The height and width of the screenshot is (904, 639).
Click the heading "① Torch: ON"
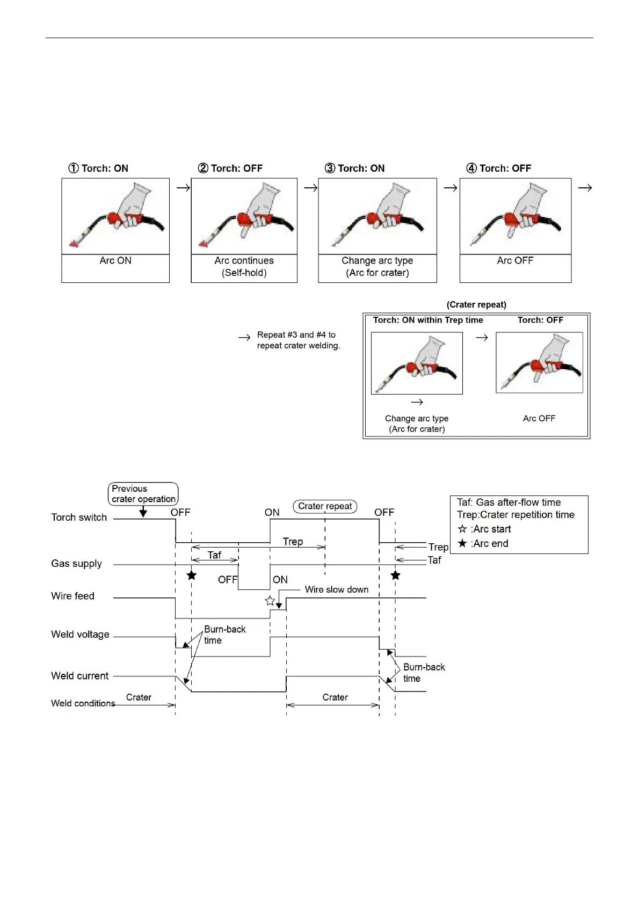click(x=98, y=169)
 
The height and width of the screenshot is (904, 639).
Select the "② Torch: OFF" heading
click(x=230, y=169)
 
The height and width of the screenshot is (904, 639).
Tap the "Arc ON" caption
click(x=115, y=261)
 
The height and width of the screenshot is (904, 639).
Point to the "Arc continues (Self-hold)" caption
click(x=244, y=267)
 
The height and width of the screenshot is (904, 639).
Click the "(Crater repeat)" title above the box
click(x=476, y=305)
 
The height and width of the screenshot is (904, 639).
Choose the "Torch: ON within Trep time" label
click(x=428, y=320)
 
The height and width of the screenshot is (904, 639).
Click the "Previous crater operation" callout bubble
click(x=143, y=494)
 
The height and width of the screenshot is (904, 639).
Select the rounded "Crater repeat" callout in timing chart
click(x=325, y=506)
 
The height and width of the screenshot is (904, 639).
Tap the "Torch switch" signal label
click(x=79, y=517)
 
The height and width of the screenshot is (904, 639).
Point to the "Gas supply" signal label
click(x=76, y=564)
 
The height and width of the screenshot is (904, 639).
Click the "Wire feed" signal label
click(x=72, y=596)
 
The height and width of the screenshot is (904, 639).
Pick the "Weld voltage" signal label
click(x=80, y=635)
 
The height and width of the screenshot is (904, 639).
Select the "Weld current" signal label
click(x=79, y=676)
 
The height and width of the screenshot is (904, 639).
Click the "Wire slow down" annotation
click(x=337, y=590)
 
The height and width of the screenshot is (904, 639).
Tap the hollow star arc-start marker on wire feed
click(x=270, y=601)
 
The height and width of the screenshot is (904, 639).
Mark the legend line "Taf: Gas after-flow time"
click(x=509, y=502)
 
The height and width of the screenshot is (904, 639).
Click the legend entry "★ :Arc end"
click(x=483, y=544)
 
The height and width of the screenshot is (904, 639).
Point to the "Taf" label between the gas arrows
click(x=214, y=555)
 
